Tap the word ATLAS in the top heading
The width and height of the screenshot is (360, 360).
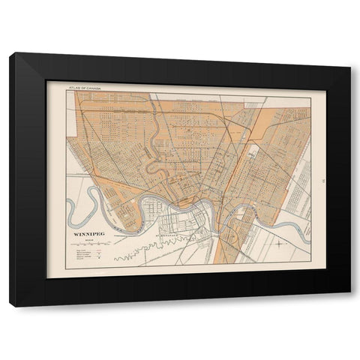tap(74, 88)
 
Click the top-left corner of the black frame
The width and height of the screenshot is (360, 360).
tap(13, 53)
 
